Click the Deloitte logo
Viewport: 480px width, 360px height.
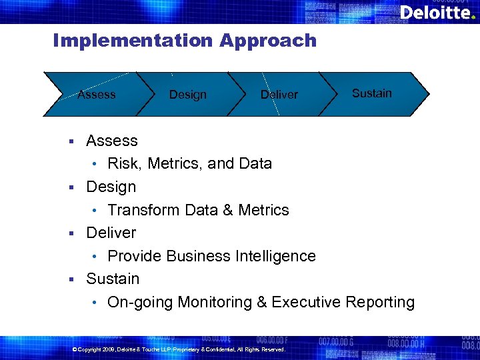(437, 13)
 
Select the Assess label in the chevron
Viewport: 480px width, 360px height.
(97, 95)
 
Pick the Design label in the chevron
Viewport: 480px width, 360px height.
(188, 95)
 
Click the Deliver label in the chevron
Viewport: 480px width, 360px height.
(279, 95)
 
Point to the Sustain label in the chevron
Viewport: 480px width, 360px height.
(372, 93)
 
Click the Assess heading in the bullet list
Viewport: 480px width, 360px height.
(112, 141)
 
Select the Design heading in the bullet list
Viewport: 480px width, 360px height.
(111, 187)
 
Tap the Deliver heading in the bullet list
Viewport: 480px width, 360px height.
(111, 233)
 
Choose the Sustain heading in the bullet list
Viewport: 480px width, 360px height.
(113, 279)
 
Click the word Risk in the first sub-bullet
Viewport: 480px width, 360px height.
(123, 163)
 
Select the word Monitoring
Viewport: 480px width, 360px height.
(213, 302)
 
